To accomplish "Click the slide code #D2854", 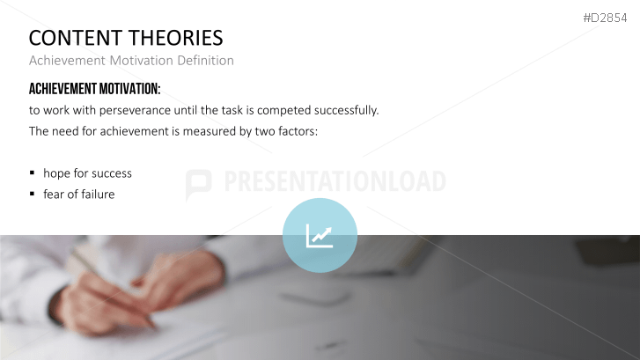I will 607,18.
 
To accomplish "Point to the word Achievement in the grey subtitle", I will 65,61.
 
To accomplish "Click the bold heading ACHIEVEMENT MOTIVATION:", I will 95,90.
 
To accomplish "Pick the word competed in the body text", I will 286,111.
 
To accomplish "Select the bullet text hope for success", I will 88,173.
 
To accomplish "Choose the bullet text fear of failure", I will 79,195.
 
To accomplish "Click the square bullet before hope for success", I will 33,173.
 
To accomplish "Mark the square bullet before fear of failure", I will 33,195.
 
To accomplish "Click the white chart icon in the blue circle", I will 320,235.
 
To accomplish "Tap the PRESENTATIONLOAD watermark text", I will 335,182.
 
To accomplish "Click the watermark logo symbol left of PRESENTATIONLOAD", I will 199,183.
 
